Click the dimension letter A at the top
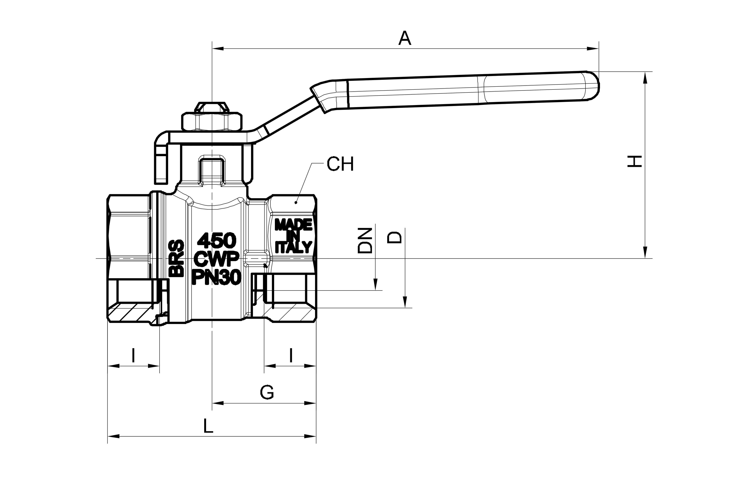[x=405, y=38]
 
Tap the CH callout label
[x=340, y=164]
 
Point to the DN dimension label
[x=365, y=241]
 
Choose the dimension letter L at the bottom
[x=208, y=426]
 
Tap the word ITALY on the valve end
[x=293, y=247]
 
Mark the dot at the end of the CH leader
[x=295, y=203]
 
